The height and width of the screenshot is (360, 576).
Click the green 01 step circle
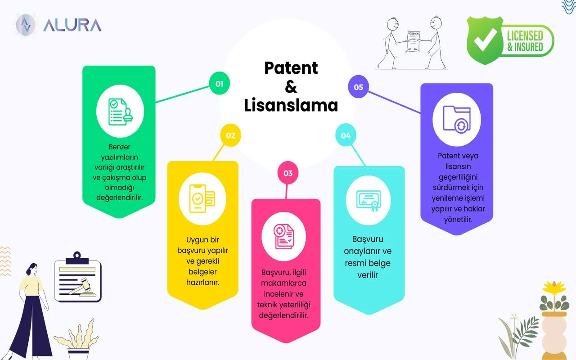tap(219, 83)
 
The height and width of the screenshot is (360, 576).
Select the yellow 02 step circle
tap(230, 135)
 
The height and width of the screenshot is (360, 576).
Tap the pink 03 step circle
tap(288, 173)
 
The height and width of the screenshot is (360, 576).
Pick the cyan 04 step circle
tap(346, 135)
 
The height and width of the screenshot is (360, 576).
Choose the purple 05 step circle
tap(358, 87)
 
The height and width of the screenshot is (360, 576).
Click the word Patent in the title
tap(291, 68)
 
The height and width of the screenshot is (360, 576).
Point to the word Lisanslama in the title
tap(291, 105)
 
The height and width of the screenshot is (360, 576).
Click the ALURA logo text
tap(72, 25)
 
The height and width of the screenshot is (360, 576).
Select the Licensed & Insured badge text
tap(525, 40)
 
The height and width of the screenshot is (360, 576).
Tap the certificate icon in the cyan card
tap(369, 200)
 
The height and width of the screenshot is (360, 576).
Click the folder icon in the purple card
tap(456, 119)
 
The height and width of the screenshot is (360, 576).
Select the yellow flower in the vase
tap(553, 288)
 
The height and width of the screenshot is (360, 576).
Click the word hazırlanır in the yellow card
tap(202, 283)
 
